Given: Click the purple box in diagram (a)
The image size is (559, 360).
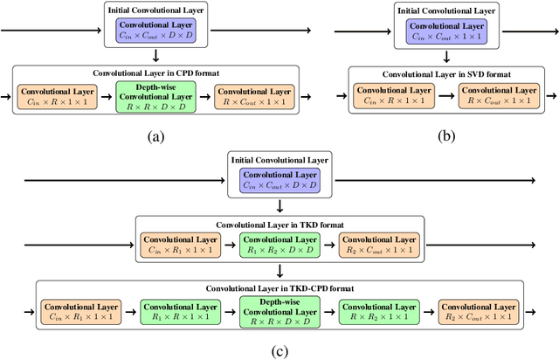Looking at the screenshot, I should pos(153,32).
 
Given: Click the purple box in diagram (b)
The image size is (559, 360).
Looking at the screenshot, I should pos(445,32).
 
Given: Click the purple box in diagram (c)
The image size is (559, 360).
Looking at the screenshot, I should pos(280,181).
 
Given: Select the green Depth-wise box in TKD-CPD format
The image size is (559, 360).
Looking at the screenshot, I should pos(280,311).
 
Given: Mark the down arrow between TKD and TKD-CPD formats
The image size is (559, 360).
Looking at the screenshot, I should pos(280,271).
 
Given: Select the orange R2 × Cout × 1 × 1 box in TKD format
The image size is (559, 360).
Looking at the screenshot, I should pos(379,245).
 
